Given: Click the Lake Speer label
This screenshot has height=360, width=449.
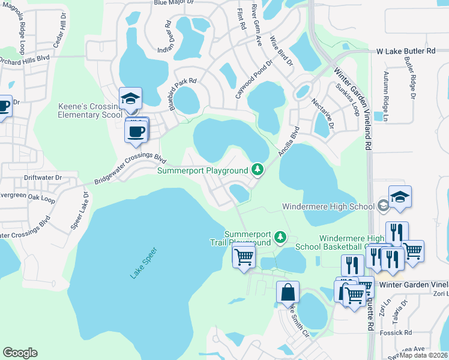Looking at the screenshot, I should tap(143, 262).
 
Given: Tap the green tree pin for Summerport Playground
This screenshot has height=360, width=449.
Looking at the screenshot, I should tap(258, 170).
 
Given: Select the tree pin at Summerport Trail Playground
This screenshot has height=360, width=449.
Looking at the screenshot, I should tap(280, 238).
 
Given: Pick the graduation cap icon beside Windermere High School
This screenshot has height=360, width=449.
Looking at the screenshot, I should tap(400, 197).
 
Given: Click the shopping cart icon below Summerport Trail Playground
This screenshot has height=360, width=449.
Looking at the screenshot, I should tap(244, 257).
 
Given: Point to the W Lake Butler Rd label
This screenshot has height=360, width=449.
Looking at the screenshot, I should tap(405, 52).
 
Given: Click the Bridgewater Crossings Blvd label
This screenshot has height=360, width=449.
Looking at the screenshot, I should tap(129, 169).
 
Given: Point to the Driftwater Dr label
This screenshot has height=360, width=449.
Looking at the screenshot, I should tap(42, 178).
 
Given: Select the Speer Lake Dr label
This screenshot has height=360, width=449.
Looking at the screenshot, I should tap(79, 207).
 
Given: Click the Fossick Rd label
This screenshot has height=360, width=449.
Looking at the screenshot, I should tap(399, 332).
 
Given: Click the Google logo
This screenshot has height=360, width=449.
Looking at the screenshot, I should tap(20, 353).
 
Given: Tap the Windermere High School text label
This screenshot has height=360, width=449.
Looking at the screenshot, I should tap(327, 207).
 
